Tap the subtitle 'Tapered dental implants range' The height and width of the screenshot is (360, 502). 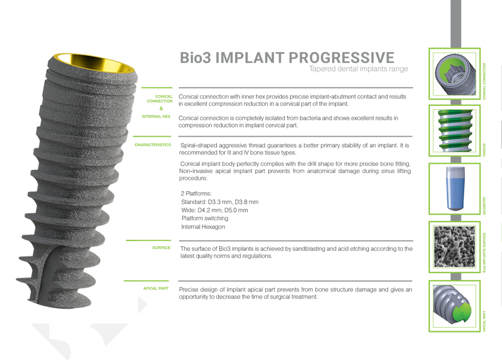[358, 69]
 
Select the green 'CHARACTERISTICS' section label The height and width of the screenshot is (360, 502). [152, 145]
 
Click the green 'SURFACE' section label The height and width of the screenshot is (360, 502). [161, 248]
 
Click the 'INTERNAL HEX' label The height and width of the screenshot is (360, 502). [156, 117]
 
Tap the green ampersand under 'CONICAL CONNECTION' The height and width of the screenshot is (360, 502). [161, 108]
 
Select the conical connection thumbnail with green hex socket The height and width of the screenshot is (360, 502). [454, 74]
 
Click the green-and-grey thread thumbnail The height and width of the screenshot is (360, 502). [454, 131]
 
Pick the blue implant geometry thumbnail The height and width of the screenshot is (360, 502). [454, 189]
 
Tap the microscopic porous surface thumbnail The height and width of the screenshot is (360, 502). [454, 247]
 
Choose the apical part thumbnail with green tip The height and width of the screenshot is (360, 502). [454, 306]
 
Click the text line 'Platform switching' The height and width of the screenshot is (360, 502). [204, 218]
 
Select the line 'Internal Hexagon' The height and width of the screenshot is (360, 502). [203, 227]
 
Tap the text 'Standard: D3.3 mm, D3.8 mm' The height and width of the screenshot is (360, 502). [220, 202]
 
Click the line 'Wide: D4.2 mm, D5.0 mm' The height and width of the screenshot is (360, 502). [214, 210]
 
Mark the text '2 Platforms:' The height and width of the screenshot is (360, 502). [196, 194]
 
